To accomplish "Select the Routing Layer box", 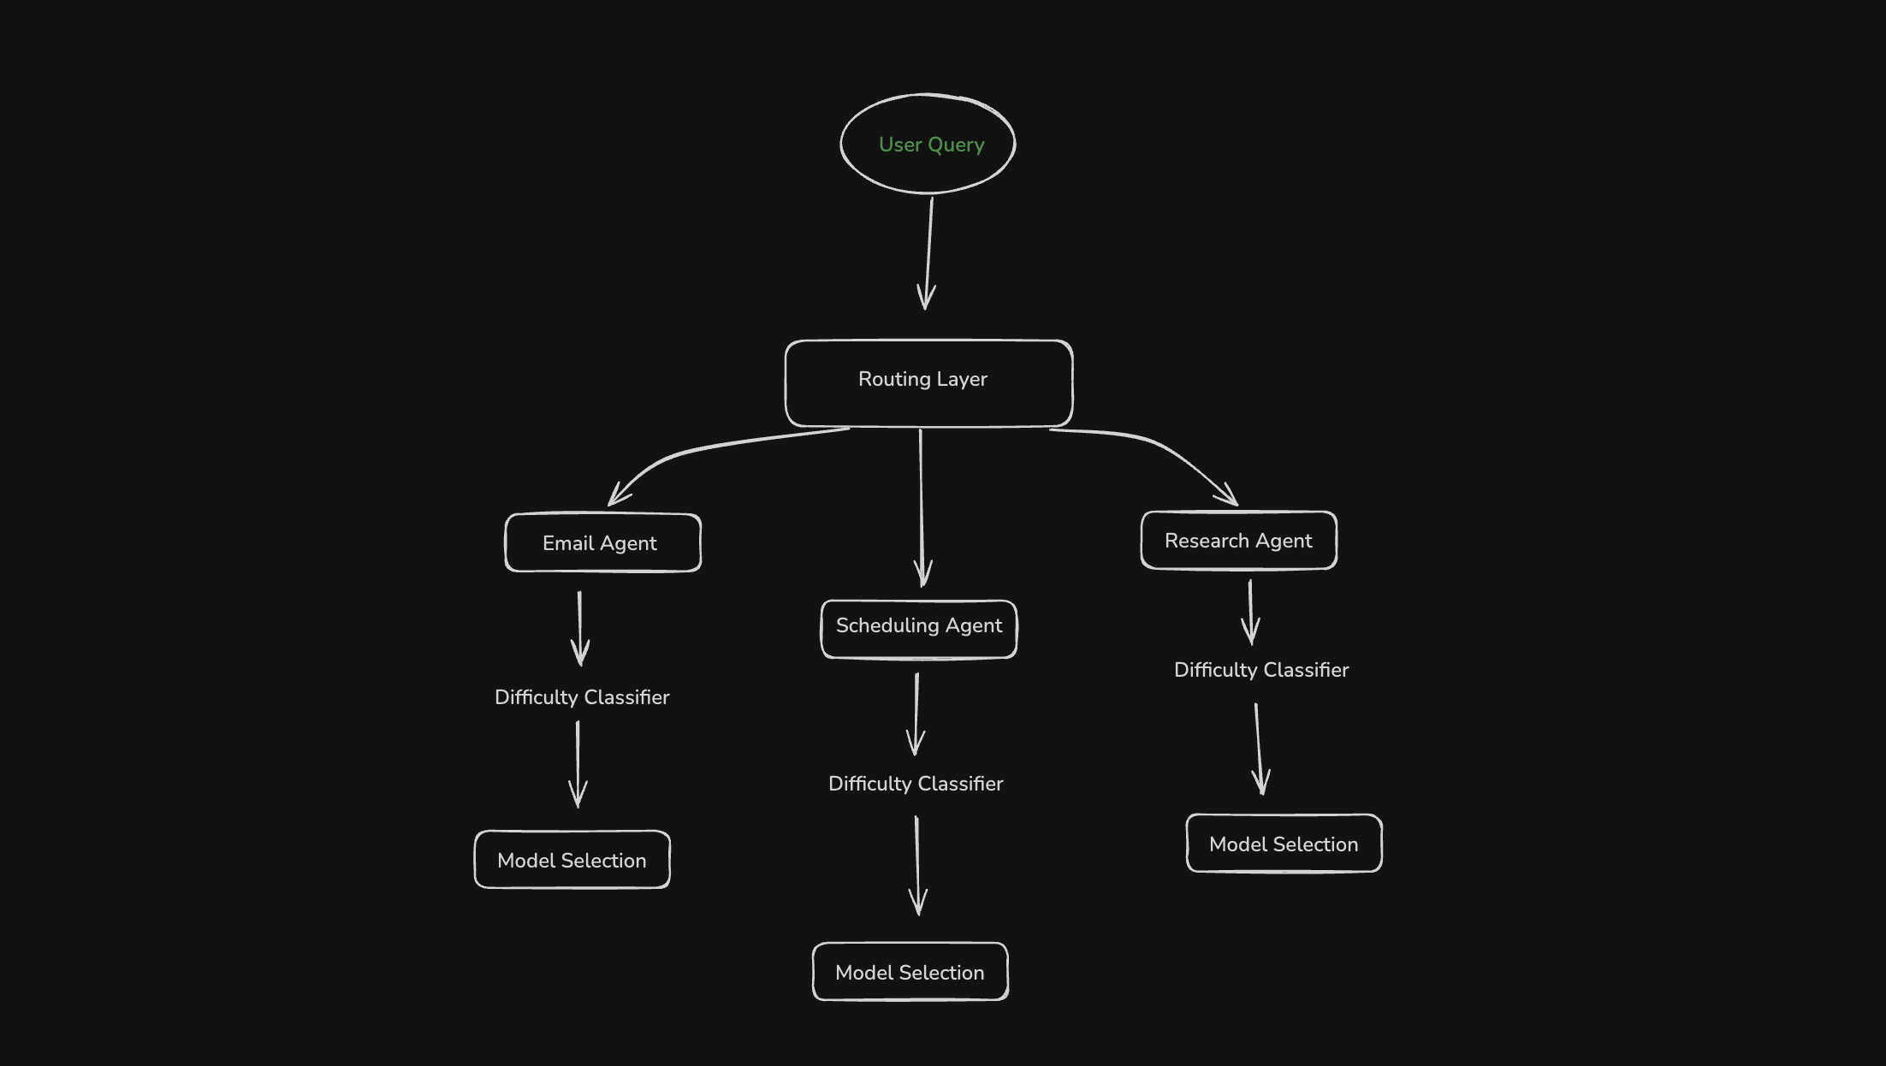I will (x=928, y=383).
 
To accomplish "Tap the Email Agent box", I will (x=602, y=542).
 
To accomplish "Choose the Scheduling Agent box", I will (x=918, y=629).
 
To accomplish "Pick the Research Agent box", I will (x=1238, y=540).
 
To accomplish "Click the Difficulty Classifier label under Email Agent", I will (x=582, y=697).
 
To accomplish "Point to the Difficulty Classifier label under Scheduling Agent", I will (x=916, y=784).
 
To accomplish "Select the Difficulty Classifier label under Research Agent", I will (x=1260, y=670).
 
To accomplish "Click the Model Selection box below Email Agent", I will (x=572, y=860).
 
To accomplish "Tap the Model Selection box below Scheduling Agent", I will (x=910, y=972).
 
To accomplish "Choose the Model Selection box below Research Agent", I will (x=1284, y=844).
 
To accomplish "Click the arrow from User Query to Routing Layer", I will (x=929, y=252).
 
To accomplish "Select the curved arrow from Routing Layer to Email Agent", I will (x=685, y=453).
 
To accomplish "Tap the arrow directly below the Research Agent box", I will (x=1250, y=612).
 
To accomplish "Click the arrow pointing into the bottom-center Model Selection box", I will (x=917, y=864).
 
